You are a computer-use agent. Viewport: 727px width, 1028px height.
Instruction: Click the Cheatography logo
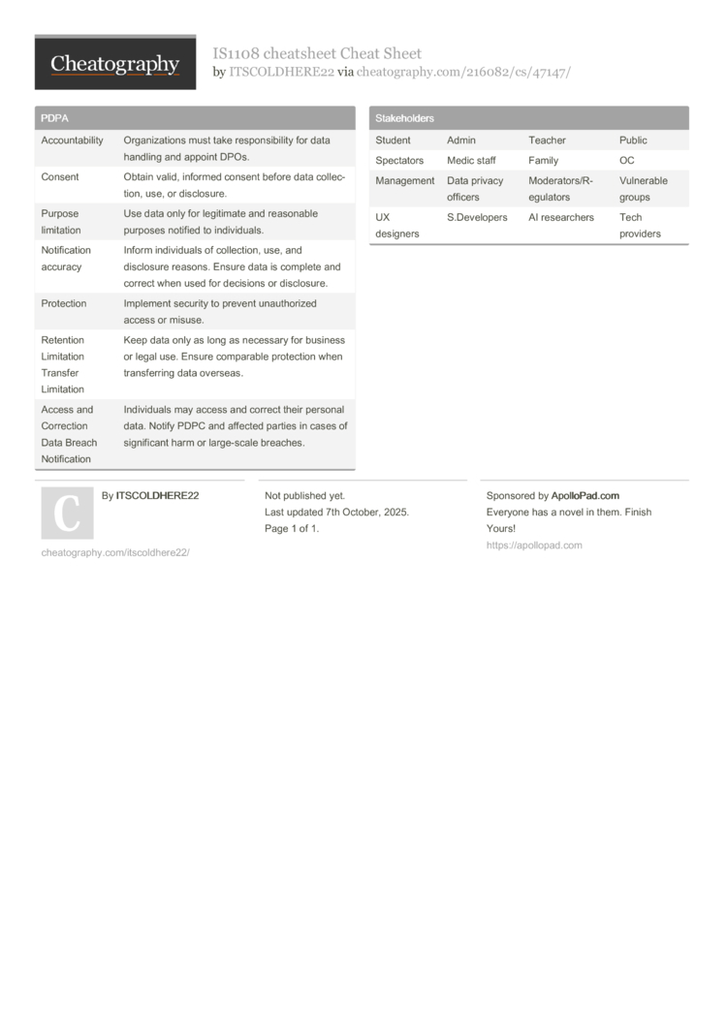(x=115, y=64)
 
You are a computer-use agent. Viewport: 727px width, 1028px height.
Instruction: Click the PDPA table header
(x=54, y=118)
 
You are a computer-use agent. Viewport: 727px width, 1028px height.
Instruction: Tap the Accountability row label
(x=72, y=140)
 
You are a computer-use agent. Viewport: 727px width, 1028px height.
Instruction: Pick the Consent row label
(x=60, y=177)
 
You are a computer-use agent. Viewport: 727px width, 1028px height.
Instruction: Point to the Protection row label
(x=64, y=304)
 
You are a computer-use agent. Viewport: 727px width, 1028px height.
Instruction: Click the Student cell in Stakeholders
(x=393, y=140)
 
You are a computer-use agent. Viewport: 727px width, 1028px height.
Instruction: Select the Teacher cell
(x=547, y=140)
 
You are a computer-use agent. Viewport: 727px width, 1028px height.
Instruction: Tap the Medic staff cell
(x=471, y=161)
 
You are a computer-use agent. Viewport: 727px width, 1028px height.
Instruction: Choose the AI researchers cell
(x=561, y=218)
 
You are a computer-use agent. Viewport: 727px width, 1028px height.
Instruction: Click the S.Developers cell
(x=477, y=218)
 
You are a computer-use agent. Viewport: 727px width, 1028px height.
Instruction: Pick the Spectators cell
(x=399, y=161)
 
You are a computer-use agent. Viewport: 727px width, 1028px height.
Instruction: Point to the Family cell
(x=543, y=161)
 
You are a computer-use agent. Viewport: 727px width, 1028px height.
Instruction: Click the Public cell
(x=633, y=140)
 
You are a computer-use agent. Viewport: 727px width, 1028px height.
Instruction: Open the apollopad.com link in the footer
(x=534, y=545)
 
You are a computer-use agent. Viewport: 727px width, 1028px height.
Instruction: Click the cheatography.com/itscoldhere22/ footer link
(x=115, y=552)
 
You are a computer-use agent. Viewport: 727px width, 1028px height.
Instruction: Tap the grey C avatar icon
(x=67, y=514)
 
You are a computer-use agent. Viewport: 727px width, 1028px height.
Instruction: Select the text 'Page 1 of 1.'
(x=292, y=529)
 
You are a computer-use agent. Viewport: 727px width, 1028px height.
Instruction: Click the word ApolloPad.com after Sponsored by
(x=585, y=496)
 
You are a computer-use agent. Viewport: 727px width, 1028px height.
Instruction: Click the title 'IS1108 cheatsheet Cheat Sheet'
(x=317, y=53)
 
